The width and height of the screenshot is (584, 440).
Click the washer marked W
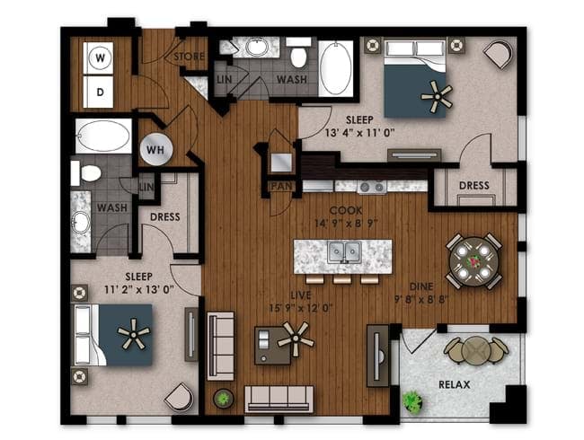tap(99, 58)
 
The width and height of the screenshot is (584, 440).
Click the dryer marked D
tap(99, 92)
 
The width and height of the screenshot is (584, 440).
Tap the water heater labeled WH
tap(156, 149)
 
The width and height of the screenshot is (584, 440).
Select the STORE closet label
tap(190, 57)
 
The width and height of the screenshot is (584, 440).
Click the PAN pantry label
tap(281, 186)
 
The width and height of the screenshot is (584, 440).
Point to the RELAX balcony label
tap(454, 384)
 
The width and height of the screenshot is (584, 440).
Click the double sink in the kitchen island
tap(344, 252)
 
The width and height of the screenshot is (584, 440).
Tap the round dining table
tap(474, 261)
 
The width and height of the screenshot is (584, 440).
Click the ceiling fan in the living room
tap(296, 339)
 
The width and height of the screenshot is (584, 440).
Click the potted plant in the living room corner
tap(224, 399)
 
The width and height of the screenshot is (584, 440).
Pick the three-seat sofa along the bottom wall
tap(279, 399)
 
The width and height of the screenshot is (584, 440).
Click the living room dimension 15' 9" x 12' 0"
tap(301, 308)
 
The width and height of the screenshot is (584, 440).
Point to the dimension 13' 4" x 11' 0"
tap(359, 133)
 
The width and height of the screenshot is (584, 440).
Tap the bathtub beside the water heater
tap(103, 136)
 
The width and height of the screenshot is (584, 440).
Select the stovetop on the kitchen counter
tap(372, 187)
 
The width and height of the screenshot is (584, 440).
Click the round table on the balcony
tap(475, 350)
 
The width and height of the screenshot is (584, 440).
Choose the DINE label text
tap(421, 286)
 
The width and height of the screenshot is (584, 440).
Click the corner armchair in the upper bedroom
tap(499, 55)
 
